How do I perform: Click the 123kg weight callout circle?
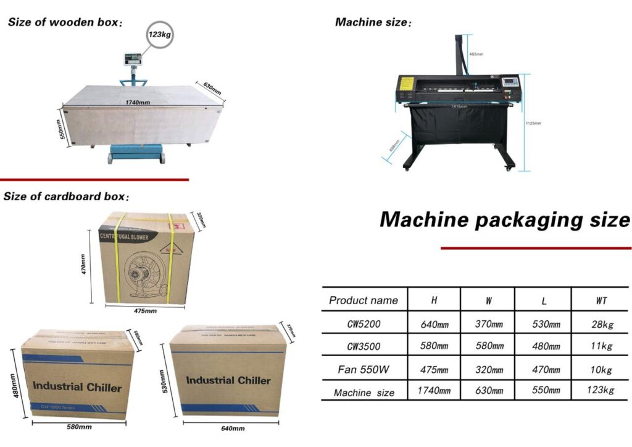coord(159,35)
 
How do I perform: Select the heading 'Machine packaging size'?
coord(504,219)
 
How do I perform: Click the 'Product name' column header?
coord(364,301)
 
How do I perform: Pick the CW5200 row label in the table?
coord(364,323)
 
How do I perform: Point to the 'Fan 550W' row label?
coord(364,370)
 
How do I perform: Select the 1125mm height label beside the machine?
coord(533,123)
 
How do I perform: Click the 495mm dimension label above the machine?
coord(476,54)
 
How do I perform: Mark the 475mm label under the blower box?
coord(146,311)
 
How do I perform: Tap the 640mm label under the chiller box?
coord(232,428)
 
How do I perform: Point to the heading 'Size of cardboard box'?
coord(66,197)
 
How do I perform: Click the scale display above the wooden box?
coord(134,59)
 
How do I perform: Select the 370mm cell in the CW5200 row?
coord(489,324)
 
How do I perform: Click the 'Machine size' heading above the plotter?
coord(372,23)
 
